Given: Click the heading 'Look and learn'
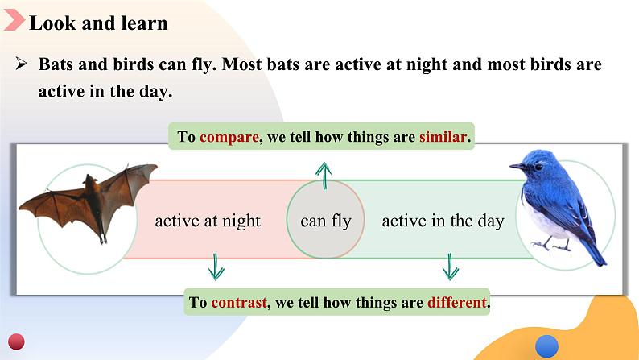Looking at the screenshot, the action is [98, 23].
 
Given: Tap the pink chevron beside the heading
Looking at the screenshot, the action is [14, 19].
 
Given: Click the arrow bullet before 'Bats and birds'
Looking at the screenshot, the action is [22, 64].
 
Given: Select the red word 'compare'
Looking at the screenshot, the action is [229, 138].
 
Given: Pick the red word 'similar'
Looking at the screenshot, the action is [443, 137].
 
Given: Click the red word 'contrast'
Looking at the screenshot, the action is [239, 303].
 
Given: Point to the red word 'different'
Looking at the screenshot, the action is [457, 303].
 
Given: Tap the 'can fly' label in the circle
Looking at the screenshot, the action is [326, 221].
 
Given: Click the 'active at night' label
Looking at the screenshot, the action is [208, 221].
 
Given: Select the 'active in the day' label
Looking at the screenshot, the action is [443, 221].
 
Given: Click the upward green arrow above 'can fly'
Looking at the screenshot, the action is [324, 176].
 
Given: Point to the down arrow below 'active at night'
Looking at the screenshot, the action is [216, 267].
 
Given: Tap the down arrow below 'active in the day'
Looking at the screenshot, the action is [450, 267].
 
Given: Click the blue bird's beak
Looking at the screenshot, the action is [516, 167].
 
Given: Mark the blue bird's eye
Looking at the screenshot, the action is [538, 168].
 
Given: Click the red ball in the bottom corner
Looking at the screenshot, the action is [16, 341].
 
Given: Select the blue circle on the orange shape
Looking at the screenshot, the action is [546, 347].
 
